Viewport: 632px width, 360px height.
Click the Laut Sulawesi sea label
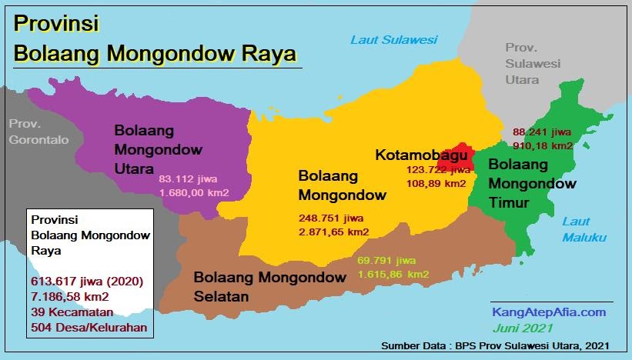tap(393, 39)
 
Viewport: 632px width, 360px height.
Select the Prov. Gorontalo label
tap(38, 132)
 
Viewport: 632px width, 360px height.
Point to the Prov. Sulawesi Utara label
tap(533, 63)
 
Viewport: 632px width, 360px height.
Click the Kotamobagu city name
tap(421, 155)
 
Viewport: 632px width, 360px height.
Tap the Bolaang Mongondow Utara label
tap(159, 148)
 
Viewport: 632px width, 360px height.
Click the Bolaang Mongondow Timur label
tap(531, 184)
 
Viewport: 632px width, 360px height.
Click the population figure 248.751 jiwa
tap(332, 218)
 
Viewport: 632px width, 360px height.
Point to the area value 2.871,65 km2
tap(333, 232)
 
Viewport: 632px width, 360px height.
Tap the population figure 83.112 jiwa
tap(189, 179)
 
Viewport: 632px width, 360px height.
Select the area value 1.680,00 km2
tap(195, 193)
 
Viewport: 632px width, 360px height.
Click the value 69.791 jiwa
tap(387, 260)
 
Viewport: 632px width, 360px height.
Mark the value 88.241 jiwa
tap(541, 132)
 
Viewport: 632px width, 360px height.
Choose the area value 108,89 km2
tap(436, 184)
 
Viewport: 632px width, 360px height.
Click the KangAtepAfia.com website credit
tap(549, 312)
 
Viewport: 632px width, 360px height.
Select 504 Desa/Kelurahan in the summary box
tap(89, 327)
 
